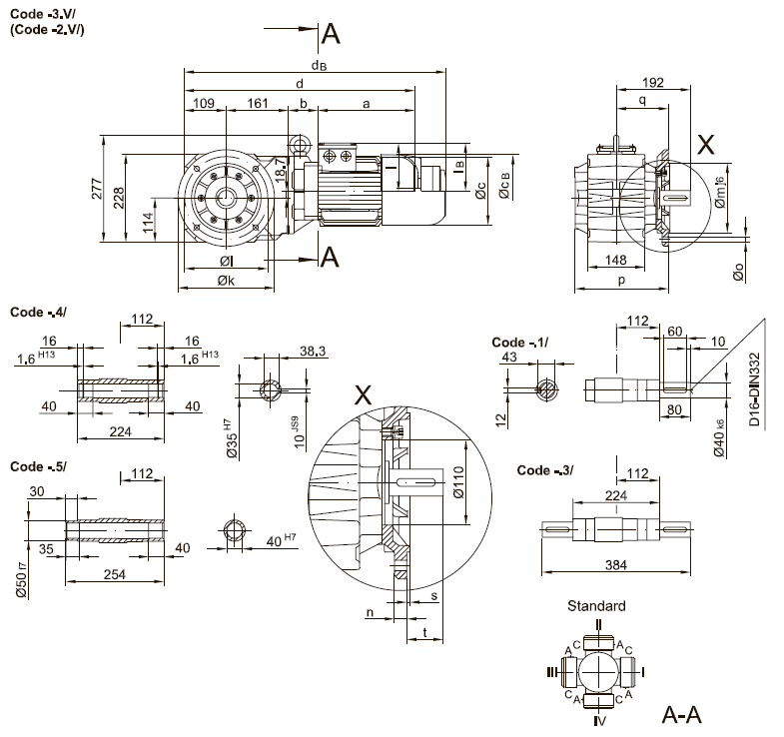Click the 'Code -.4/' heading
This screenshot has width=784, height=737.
tap(38, 313)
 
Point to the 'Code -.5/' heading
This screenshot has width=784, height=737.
tap(38, 466)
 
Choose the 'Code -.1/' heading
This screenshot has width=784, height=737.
tap(520, 343)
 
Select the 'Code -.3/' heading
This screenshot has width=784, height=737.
tap(545, 470)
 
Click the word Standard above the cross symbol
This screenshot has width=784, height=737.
tap(596, 606)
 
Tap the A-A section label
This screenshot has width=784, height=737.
tap(683, 715)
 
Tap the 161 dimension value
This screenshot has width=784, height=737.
tap(259, 102)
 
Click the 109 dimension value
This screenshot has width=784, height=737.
tap(203, 102)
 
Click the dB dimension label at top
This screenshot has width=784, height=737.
tap(318, 65)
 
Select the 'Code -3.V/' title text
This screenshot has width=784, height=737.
tap(44, 13)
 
